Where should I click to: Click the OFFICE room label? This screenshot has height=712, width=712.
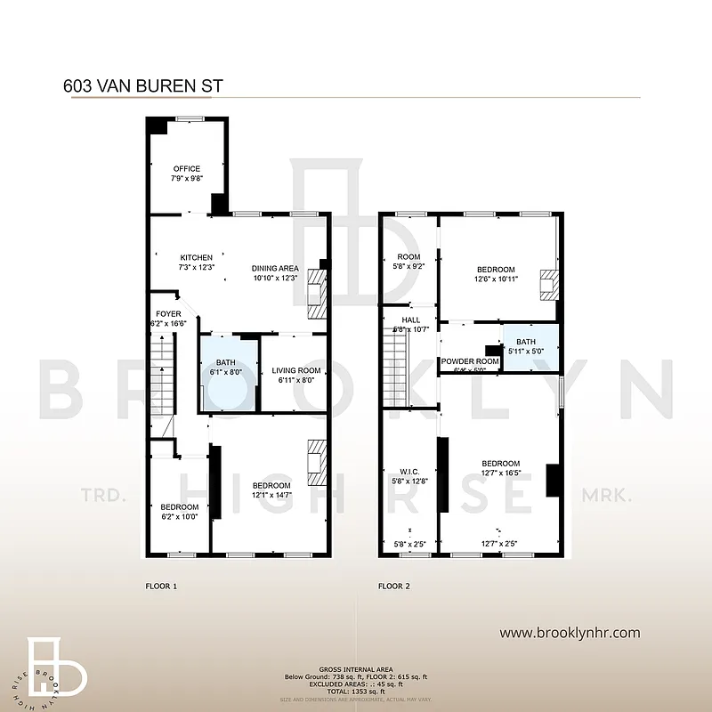coord(187,169)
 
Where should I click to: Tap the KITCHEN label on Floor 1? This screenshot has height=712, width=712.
coord(197,258)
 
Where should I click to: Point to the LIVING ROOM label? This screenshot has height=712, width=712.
coord(295,370)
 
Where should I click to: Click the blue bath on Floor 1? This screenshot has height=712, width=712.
coord(225,373)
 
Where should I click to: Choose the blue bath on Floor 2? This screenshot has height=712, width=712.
coord(530,347)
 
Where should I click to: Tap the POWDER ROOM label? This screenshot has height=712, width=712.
coord(470,361)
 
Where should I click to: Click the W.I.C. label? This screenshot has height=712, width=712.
coord(409,472)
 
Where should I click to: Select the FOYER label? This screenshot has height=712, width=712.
coord(168,314)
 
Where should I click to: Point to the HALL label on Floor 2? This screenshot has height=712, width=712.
coord(410,320)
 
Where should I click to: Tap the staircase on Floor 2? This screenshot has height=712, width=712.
coord(394,365)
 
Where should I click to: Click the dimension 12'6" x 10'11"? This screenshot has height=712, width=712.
coord(496,280)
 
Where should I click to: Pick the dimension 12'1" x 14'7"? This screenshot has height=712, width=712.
coord(270,471)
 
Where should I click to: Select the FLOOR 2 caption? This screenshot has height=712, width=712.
coord(394,587)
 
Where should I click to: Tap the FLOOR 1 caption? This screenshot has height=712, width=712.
coord(161,587)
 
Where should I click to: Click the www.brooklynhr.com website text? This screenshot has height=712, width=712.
coord(570,633)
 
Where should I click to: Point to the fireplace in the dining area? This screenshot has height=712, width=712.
coord(316,293)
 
